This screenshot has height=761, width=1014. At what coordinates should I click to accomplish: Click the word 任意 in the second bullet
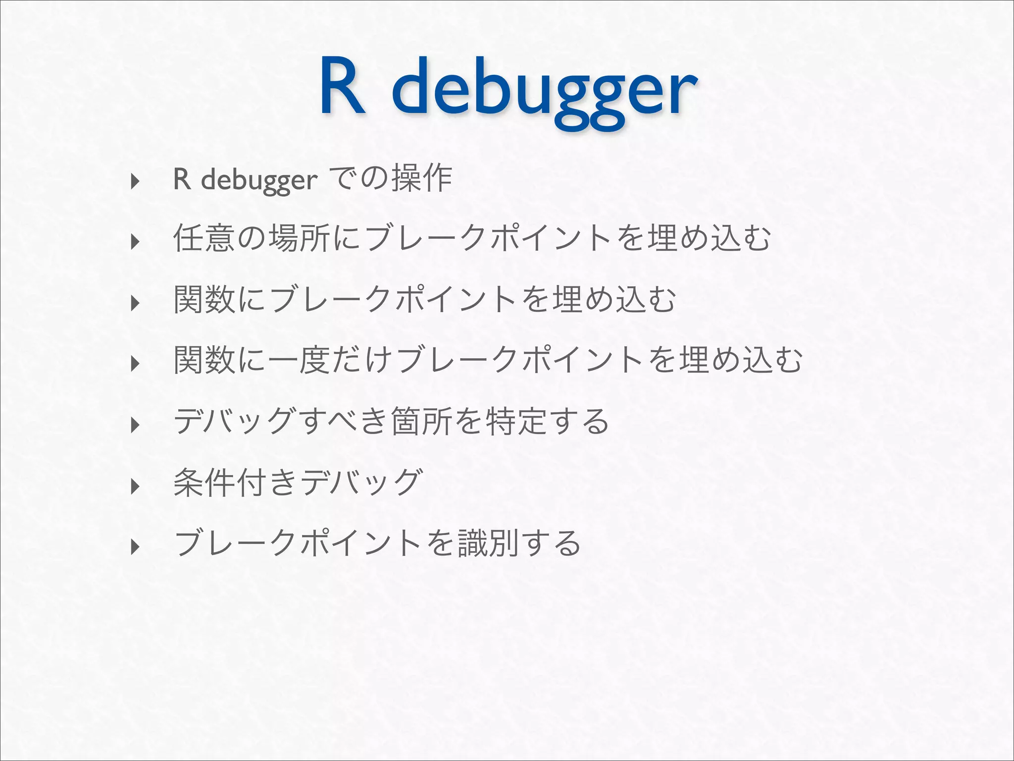pyautogui.click(x=204, y=239)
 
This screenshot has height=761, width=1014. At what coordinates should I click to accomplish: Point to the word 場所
pyautogui.click(x=299, y=239)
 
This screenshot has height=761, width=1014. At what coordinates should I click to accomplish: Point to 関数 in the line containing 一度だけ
pyautogui.click(x=204, y=361)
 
